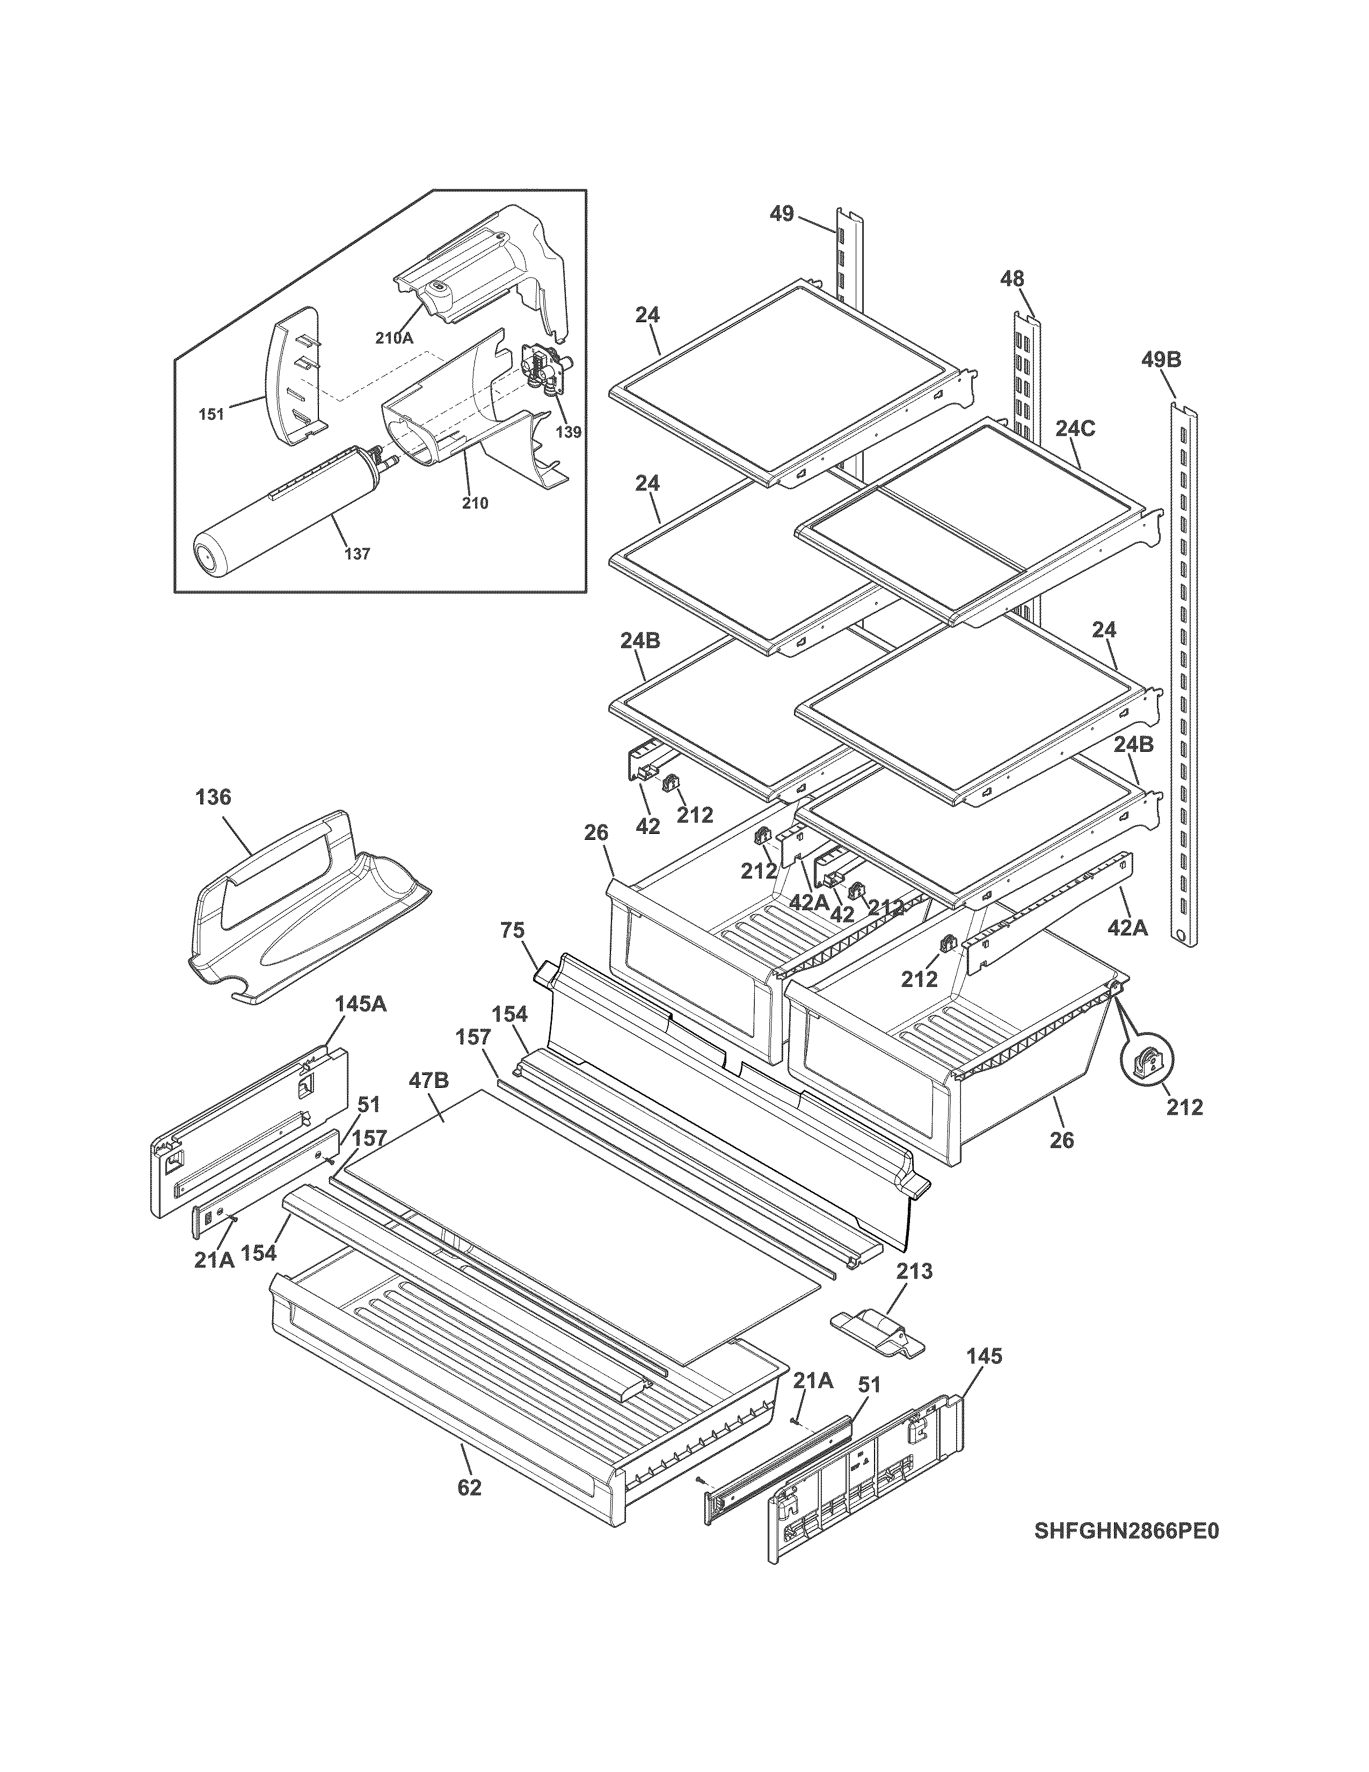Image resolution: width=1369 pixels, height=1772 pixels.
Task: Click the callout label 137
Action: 357,554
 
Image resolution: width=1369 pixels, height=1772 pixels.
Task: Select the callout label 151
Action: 211,416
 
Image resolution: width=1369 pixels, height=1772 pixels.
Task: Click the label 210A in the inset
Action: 395,338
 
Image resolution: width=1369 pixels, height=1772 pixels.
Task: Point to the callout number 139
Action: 569,432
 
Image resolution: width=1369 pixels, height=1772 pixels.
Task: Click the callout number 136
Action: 213,797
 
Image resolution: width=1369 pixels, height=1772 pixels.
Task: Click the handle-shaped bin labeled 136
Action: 300,909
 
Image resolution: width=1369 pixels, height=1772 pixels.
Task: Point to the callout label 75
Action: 513,930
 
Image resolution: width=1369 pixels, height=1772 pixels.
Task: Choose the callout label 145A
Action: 360,1005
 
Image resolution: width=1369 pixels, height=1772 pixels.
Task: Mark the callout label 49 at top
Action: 782,214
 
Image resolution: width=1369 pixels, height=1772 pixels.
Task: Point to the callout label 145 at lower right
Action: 985,1356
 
